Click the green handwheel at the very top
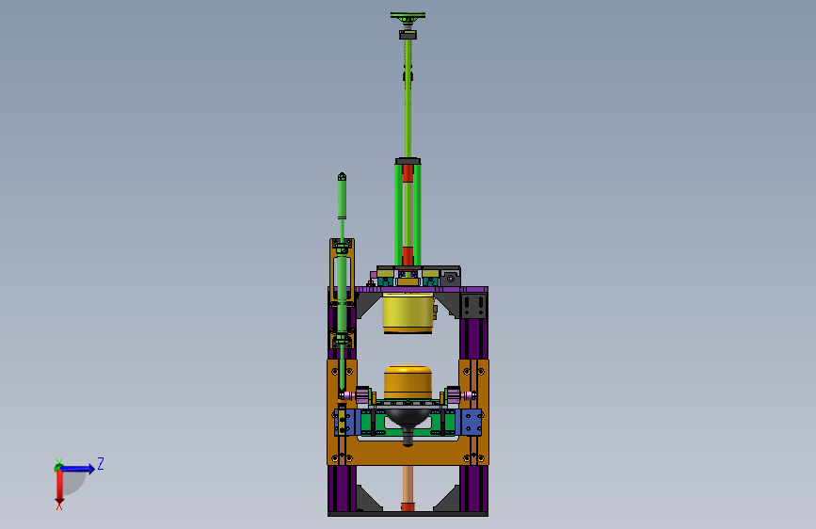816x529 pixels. tap(408, 16)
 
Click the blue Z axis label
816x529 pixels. tap(101, 463)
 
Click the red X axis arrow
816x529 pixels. tap(59, 487)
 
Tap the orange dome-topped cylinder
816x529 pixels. tap(408, 383)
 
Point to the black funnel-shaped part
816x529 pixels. tap(408, 423)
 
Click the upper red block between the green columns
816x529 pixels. tap(408, 173)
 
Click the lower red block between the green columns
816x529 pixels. tap(408, 256)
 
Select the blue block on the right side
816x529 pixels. tap(472, 423)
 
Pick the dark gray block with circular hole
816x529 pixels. tap(450, 278)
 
